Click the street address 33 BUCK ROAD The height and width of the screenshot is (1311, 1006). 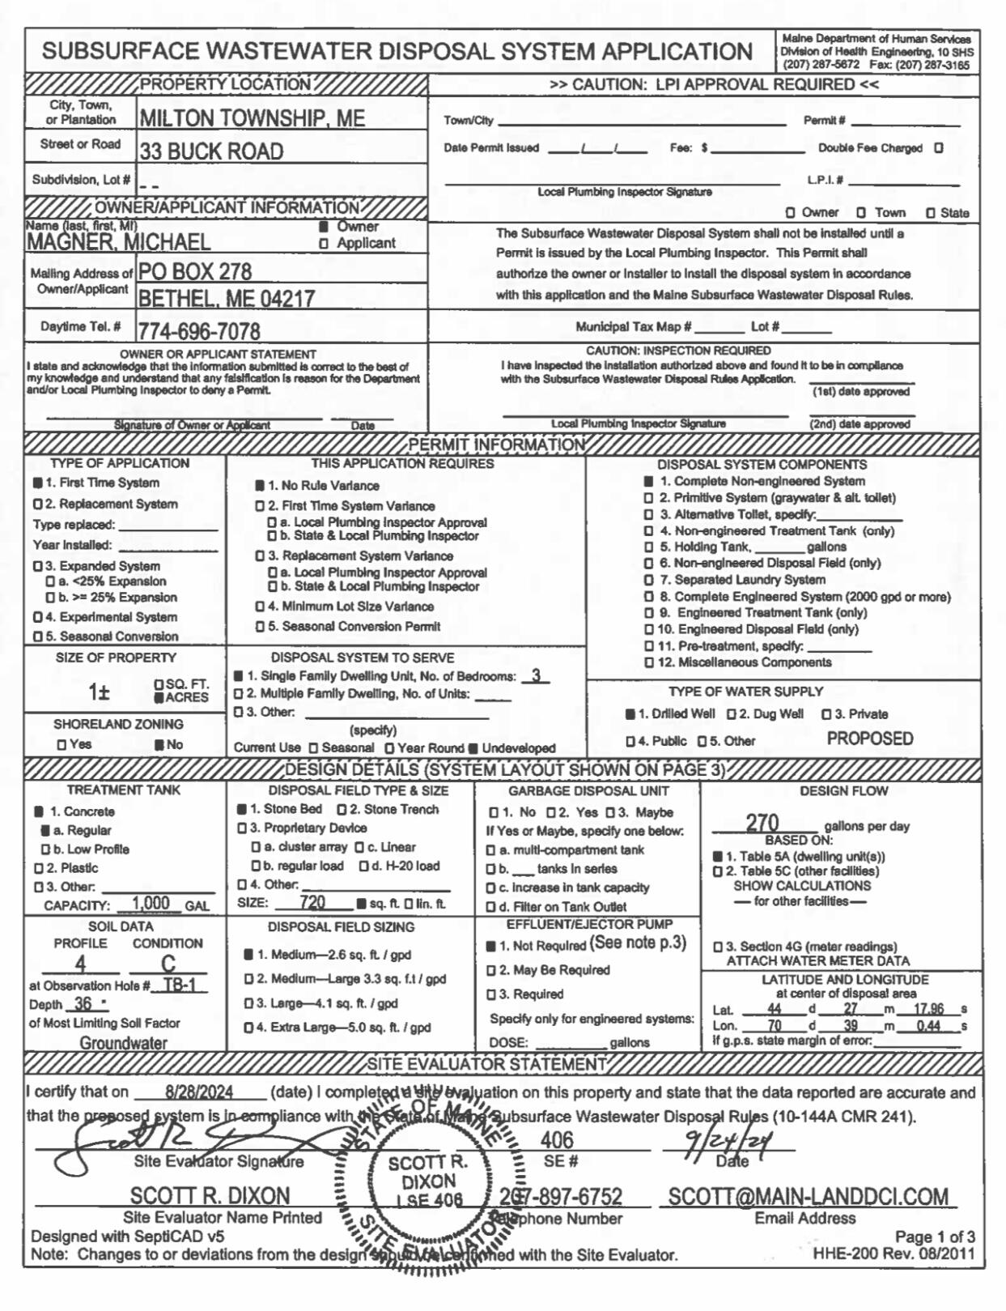[x=211, y=151]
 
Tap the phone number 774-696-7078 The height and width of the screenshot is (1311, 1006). [x=199, y=331]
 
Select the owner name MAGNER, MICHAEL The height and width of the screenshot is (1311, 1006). [x=118, y=242]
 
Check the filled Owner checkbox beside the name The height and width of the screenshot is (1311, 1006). [x=324, y=227]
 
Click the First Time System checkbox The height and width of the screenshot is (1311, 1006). [x=37, y=483]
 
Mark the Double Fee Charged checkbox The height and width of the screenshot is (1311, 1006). [x=939, y=148]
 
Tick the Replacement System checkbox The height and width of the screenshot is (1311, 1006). [x=37, y=504]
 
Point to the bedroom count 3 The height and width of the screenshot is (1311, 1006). [x=535, y=675]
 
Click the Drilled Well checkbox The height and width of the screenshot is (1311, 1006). [x=630, y=714]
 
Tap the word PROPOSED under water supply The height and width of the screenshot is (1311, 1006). [x=869, y=739]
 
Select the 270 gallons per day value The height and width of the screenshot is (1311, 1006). [x=762, y=823]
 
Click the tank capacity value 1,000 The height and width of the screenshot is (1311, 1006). [x=151, y=904]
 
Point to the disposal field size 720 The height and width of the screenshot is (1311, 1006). [x=312, y=902]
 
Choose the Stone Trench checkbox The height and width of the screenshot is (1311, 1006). [x=342, y=810]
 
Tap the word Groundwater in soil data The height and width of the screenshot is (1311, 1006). [x=123, y=1043]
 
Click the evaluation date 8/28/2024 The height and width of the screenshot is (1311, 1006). [x=199, y=1092]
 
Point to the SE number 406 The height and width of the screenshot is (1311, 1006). [x=557, y=1140]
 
